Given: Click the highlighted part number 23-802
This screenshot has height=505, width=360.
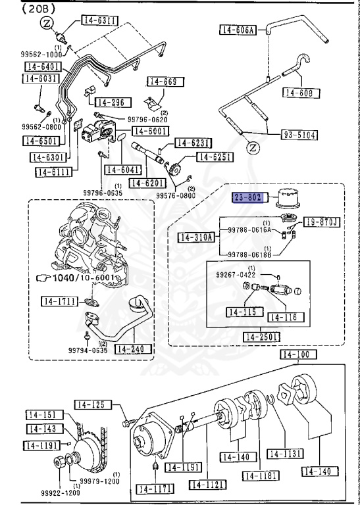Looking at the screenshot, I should [248, 196].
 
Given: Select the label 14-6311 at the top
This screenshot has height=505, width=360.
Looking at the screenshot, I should [100, 20].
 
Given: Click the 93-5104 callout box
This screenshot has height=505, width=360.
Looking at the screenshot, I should [298, 135].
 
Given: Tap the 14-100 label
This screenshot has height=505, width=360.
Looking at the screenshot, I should [297, 354].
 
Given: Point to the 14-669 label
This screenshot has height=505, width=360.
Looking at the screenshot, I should [165, 82].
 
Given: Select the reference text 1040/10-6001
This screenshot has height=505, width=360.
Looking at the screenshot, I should [82, 278].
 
